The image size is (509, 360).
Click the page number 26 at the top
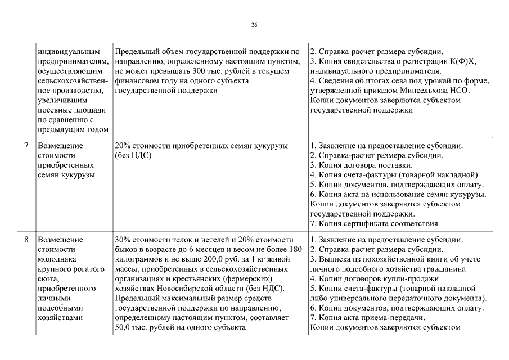click(x=254, y=25)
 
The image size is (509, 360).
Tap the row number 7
click(x=26, y=146)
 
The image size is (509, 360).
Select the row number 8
click(x=26, y=240)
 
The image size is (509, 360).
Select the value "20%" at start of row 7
click(x=122, y=146)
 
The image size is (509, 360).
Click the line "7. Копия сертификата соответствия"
click(x=373, y=223)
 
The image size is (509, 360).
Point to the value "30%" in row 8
click(x=122, y=240)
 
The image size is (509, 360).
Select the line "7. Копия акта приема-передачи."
click(x=368, y=317)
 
